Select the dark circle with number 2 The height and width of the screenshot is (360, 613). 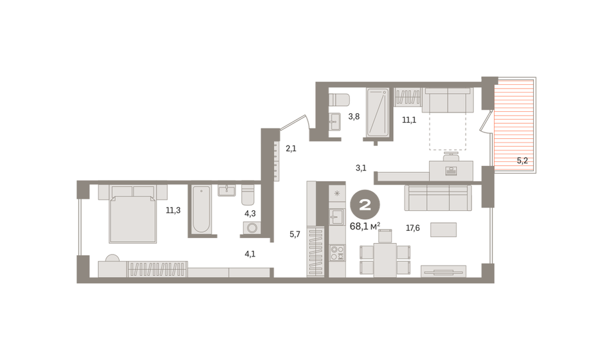pyautogui.click(x=365, y=205)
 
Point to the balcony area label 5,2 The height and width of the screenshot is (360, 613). pyautogui.click(x=522, y=161)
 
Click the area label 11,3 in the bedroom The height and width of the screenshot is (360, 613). pyautogui.click(x=172, y=210)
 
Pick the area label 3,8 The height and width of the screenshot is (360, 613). pyautogui.click(x=354, y=116)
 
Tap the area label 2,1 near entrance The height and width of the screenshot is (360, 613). pyautogui.click(x=291, y=148)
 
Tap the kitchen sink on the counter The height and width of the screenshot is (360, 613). pyautogui.click(x=337, y=216)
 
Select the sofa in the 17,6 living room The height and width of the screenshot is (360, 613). pyautogui.click(x=438, y=198)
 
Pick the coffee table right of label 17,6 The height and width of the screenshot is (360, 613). pyautogui.click(x=444, y=230)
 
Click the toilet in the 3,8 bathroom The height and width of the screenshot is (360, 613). pyautogui.click(x=338, y=100)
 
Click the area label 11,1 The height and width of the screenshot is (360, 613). pyautogui.click(x=408, y=120)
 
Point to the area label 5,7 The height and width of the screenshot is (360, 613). pyautogui.click(x=295, y=234)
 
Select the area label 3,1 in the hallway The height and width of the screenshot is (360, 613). pyautogui.click(x=361, y=168)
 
